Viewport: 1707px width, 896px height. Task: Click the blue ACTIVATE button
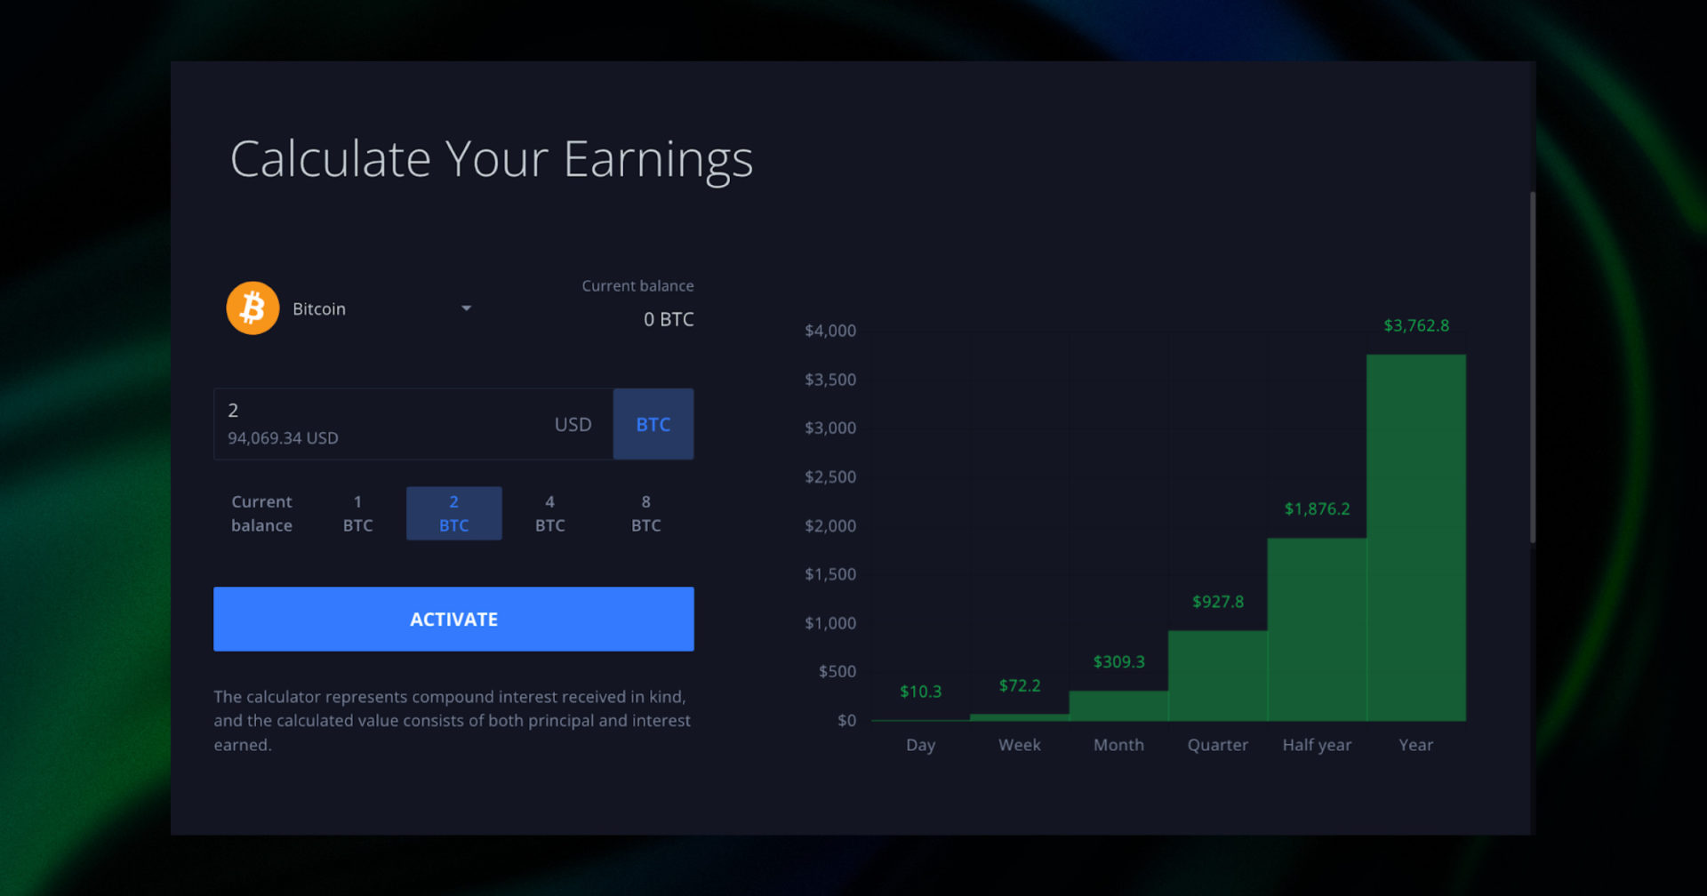tap(453, 619)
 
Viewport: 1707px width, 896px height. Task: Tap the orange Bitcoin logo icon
tap(252, 308)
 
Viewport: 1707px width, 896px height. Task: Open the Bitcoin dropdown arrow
tap(466, 308)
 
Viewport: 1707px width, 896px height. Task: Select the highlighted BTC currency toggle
tap(653, 424)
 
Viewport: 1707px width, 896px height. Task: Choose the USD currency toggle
tap(573, 424)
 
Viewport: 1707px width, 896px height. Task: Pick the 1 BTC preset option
tap(357, 513)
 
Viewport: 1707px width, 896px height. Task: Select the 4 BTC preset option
tap(549, 513)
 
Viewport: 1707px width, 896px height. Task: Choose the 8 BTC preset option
tap(645, 513)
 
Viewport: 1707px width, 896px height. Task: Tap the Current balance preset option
tap(261, 513)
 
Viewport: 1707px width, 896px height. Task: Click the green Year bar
tap(1415, 538)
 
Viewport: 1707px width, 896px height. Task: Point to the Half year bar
tap(1317, 629)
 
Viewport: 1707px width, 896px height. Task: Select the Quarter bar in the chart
tap(1217, 676)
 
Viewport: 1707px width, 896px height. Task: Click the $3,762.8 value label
tap(1416, 325)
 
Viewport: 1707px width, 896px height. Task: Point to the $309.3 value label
tap(1118, 661)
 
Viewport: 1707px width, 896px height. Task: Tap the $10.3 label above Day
tap(920, 691)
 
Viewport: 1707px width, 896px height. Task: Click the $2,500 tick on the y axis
tap(830, 476)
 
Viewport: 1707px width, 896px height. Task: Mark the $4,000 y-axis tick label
tap(830, 331)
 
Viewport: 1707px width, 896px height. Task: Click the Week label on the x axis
tap(1019, 745)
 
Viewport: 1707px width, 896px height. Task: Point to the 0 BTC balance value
tap(669, 319)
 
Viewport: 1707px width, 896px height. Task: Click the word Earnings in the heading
tap(658, 160)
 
